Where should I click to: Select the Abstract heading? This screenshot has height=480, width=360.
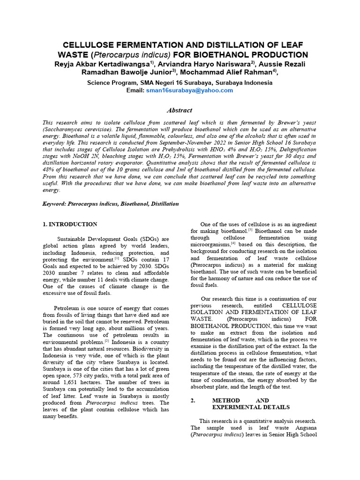pyautogui.click(x=180, y=110)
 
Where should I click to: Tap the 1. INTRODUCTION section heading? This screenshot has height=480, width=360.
pyautogui.click(x=70, y=225)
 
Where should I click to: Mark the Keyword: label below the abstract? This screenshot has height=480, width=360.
pyautogui.click(x=54, y=204)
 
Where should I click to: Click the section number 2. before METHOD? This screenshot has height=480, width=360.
pyautogui.click(x=193, y=400)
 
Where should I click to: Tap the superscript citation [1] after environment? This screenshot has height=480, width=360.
pyautogui.click(x=117, y=258)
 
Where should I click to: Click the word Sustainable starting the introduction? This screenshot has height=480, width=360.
pyautogui.click(x=73, y=239)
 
